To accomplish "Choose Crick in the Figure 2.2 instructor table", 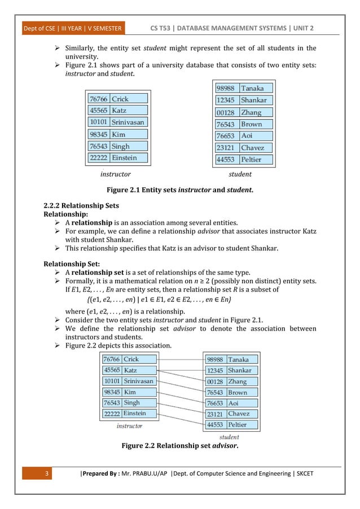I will (131, 359).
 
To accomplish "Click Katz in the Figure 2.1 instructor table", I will (120, 111).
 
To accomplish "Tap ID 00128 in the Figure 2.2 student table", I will (214, 381).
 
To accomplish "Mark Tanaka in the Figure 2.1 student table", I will (253, 89).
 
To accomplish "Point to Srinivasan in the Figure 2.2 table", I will (138, 381).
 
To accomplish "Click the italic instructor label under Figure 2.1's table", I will (115, 174).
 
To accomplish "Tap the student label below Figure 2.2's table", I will (229, 437).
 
